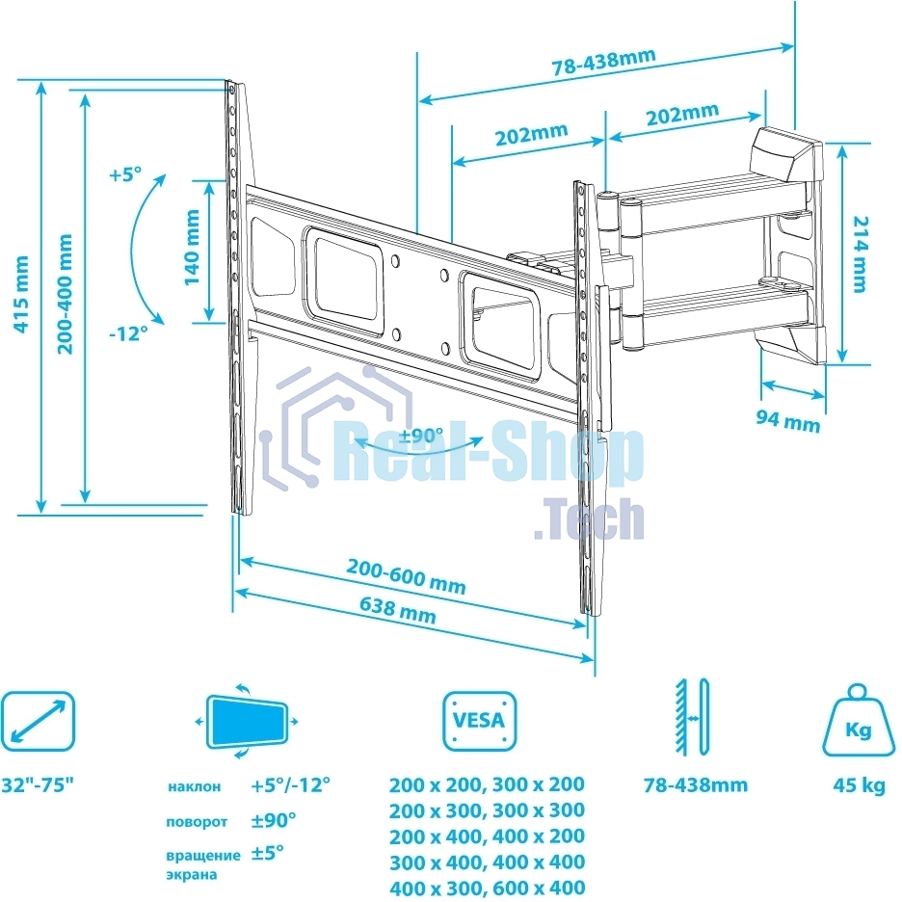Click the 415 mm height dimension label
click(20, 293)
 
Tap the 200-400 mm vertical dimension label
click(65, 293)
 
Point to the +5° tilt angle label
click(124, 175)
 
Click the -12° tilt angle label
click(128, 332)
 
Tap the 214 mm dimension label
click(858, 253)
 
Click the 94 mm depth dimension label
click(787, 421)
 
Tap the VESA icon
click(479, 721)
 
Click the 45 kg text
click(858, 785)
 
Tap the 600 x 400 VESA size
click(537, 888)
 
